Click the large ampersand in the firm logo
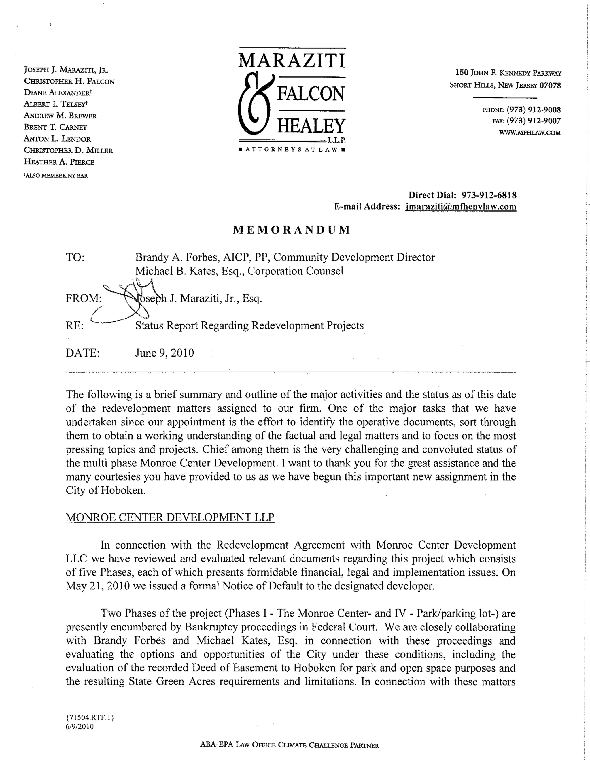tap(255, 105)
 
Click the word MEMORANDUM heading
tap(292, 229)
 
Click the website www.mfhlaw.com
tap(530, 133)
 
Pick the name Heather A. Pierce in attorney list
tap(59, 162)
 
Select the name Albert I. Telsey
tap(56, 104)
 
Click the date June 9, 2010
tap(164, 353)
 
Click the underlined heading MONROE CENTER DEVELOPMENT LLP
tap(170, 517)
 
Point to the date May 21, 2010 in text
tap(98, 586)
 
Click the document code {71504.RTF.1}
tap(90, 717)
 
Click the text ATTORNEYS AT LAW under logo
tap(292, 150)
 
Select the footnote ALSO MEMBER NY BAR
tap(56, 176)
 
